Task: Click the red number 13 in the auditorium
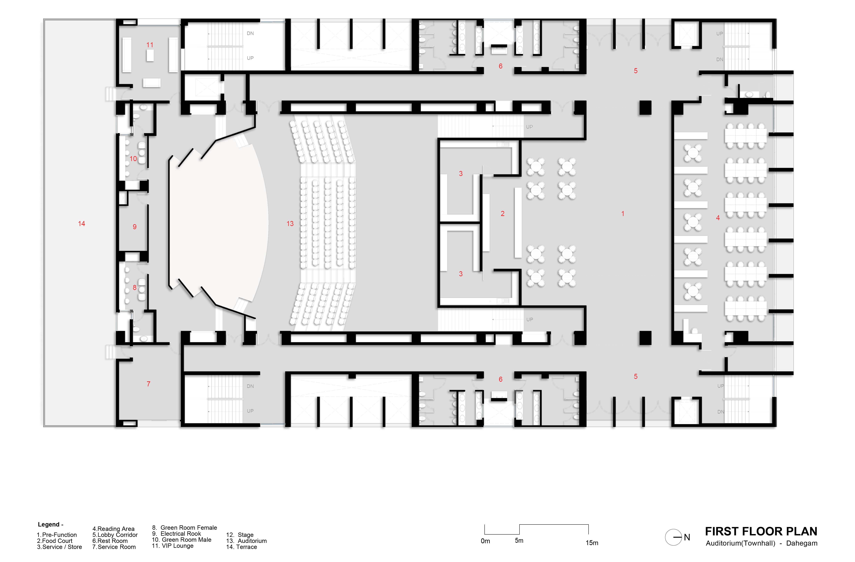tap(290, 223)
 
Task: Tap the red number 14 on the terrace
tap(82, 223)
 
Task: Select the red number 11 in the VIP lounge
tap(150, 45)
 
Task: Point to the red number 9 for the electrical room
tap(135, 227)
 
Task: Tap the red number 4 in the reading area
tap(718, 218)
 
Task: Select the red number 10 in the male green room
tap(133, 159)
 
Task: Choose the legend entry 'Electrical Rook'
tap(177, 534)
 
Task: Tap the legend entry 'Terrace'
tap(242, 547)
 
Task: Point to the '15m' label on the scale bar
tap(592, 543)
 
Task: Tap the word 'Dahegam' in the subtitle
tap(802, 543)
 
